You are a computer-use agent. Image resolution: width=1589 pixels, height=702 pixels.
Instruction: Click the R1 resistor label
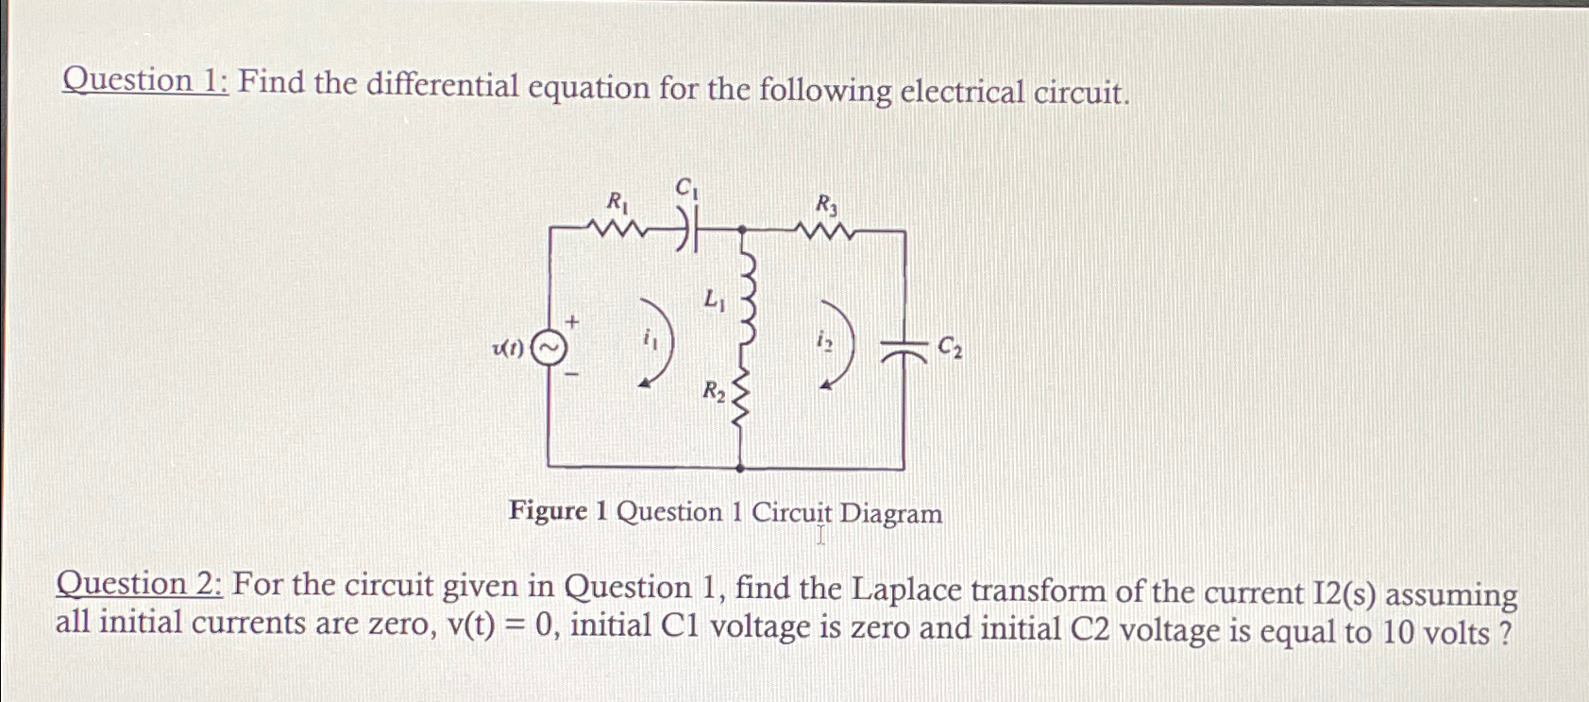click(x=618, y=201)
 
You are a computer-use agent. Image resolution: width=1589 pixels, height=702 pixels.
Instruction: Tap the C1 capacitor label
click(x=687, y=189)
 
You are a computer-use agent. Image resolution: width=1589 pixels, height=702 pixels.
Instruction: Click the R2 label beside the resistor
click(x=714, y=390)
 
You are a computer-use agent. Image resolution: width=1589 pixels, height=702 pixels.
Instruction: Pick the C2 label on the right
click(x=950, y=350)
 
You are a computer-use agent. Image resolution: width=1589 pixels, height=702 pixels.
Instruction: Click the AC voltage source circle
click(x=549, y=349)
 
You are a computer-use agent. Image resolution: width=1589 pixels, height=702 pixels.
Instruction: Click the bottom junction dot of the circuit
click(x=740, y=467)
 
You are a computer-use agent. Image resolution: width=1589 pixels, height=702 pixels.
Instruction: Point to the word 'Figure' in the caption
click(x=548, y=511)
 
